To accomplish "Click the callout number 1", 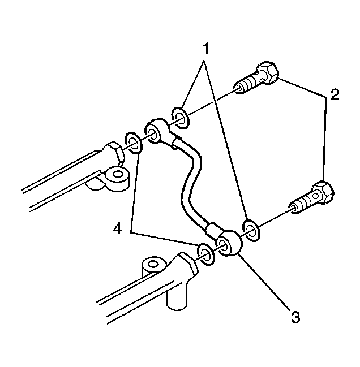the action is [x=205, y=49].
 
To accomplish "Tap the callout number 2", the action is [x=335, y=95].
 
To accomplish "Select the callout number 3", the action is [x=295, y=317].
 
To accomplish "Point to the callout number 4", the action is [x=117, y=228].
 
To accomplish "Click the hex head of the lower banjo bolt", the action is [x=323, y=192].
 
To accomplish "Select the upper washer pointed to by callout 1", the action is [x=180, y=118].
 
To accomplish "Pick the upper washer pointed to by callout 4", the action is [x=133, y=143].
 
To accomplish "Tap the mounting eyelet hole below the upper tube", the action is [x=117, y=174].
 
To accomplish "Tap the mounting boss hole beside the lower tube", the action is [x=153, y=265].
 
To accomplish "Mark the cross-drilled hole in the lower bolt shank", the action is [x=315, y=196].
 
